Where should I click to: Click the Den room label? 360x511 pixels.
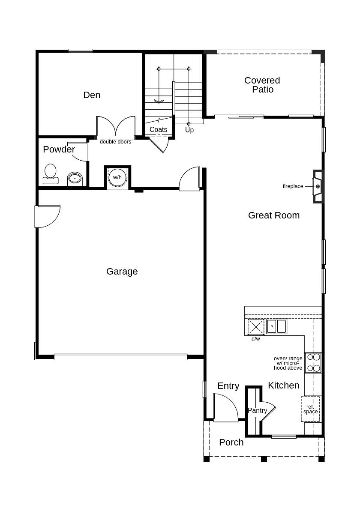pos(92,95)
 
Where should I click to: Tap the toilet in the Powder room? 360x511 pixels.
pos(51,173)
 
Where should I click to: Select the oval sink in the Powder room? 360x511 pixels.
pos(75,178)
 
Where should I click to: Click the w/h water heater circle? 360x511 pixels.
pos(117,177)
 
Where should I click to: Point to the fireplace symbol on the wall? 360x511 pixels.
pos(317,186)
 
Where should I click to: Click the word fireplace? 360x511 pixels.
pos(293,186)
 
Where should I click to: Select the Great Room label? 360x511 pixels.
pos(273,215)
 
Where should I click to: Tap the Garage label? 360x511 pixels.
pos(122,272)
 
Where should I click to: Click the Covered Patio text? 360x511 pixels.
pos(262,85)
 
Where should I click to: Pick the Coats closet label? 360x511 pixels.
pos(158,130)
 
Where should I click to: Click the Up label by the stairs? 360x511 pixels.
pos(189,130)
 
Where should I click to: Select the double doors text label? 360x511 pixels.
pos(115,142)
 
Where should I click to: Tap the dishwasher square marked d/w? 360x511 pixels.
pos(256,327)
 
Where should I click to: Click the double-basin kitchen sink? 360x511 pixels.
pos(276,326)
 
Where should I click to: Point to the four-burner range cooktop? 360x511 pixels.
pos(313,362)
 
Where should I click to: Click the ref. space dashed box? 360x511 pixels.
pos(310,409)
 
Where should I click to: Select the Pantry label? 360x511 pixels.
pos(257,411)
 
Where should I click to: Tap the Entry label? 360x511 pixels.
pos(228,386)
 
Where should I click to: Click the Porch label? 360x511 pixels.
pos(231,442)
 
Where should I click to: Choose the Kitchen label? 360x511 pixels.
pos(283,385)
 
